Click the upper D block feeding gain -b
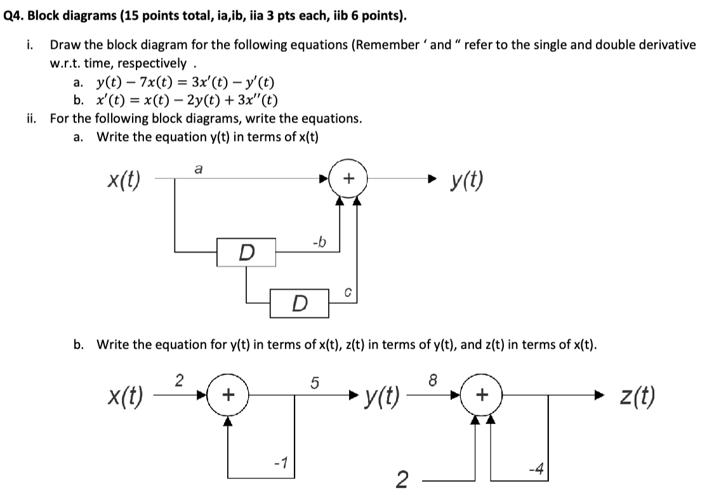(246, 252)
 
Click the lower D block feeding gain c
(300, 303)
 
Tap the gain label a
(199, 169)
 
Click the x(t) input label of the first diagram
(124, 181)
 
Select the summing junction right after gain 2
(229, 396)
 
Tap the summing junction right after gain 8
(482, 396)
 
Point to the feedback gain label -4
(536, 469)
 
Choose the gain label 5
(314, 383)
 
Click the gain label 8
(433, 381)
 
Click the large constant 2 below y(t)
(401, 481)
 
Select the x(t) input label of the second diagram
(124, 397)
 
